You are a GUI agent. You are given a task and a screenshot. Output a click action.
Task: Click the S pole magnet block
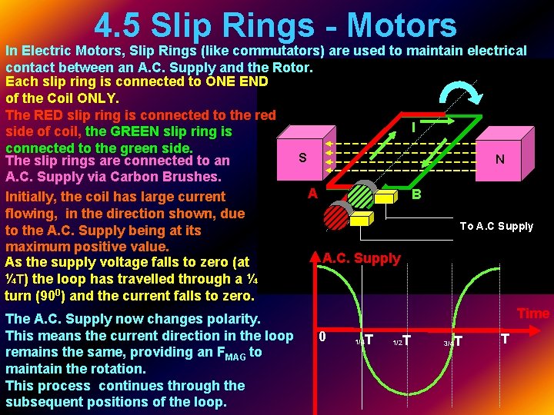(x=302, y=158)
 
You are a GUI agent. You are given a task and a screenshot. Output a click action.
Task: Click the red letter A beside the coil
(x=312, y=194)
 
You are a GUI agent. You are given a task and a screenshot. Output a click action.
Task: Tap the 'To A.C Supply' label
(x=496, y=226)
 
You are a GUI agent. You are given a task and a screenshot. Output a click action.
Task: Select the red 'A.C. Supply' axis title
(x=362, y=258)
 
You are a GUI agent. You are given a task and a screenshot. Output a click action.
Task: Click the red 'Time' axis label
(x=532, y=314)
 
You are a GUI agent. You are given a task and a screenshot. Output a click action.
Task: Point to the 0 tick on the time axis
(x=322, y=337)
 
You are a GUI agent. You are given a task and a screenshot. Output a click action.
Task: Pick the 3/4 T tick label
(x=453, y=340)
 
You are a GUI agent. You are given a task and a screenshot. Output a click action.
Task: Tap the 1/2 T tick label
(x=402, y=340)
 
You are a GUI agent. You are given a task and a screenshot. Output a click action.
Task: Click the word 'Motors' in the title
(x=402, y=25)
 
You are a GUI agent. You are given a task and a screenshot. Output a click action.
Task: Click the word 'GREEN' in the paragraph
(x=132, y=131)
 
